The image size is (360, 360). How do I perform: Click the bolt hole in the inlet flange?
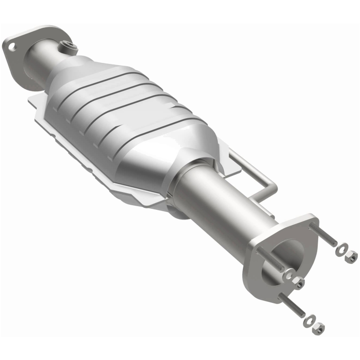(x=11, y=45)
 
